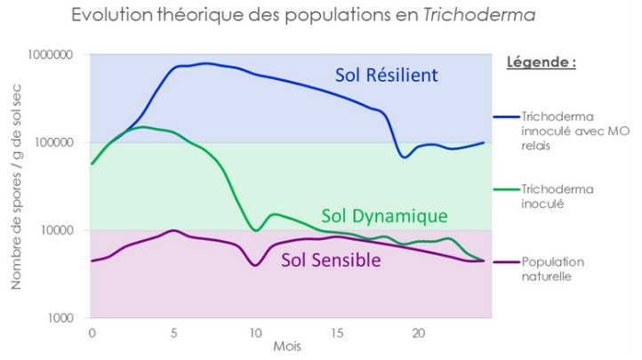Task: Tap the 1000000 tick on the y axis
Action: click(52, 55)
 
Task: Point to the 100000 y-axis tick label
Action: click(55, 142)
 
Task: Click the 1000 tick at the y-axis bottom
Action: click(61, 317)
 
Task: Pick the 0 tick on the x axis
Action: click(92, 331)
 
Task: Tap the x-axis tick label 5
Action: click(173, 331)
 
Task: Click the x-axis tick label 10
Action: click(255, 331)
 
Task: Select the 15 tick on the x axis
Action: click(337, 331)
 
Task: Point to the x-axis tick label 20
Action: click(419, 331)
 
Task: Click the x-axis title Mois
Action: click(287, 346)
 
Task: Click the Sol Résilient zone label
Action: click(386, 76)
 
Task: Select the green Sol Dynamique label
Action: click(384, 216)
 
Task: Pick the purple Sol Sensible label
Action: click(331, 260)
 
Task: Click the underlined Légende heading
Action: click(542, 63)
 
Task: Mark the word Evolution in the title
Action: click(108, 16)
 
